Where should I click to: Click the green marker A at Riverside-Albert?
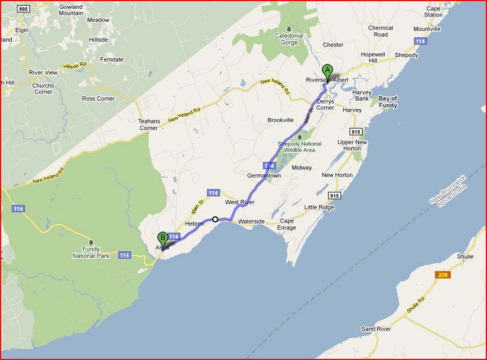tap(327, 72)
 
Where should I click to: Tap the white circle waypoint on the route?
tap(215, 219)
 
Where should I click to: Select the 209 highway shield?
tap(443, 275)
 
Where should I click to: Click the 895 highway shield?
tap(23, 9)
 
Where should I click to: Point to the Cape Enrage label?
tap(287, 224)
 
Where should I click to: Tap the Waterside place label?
tap(251, 221)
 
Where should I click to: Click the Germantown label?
tap(264, 176)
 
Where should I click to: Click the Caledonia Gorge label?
tap(289, 39)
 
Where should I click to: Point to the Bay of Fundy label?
tap(387, 102)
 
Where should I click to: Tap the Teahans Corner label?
tap(148, 125)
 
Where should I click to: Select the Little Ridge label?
tap(319, 207)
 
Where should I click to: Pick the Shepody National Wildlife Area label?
tap(299, 147)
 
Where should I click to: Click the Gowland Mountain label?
tap(71, 10)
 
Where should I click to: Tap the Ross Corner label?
tap(98, 98)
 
